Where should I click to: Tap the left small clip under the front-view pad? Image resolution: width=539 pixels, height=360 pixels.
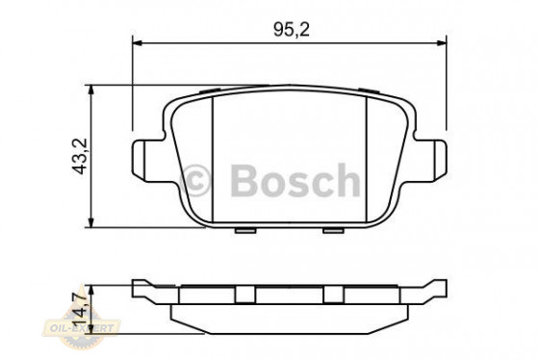pyautogui.click(x=245, y=231)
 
